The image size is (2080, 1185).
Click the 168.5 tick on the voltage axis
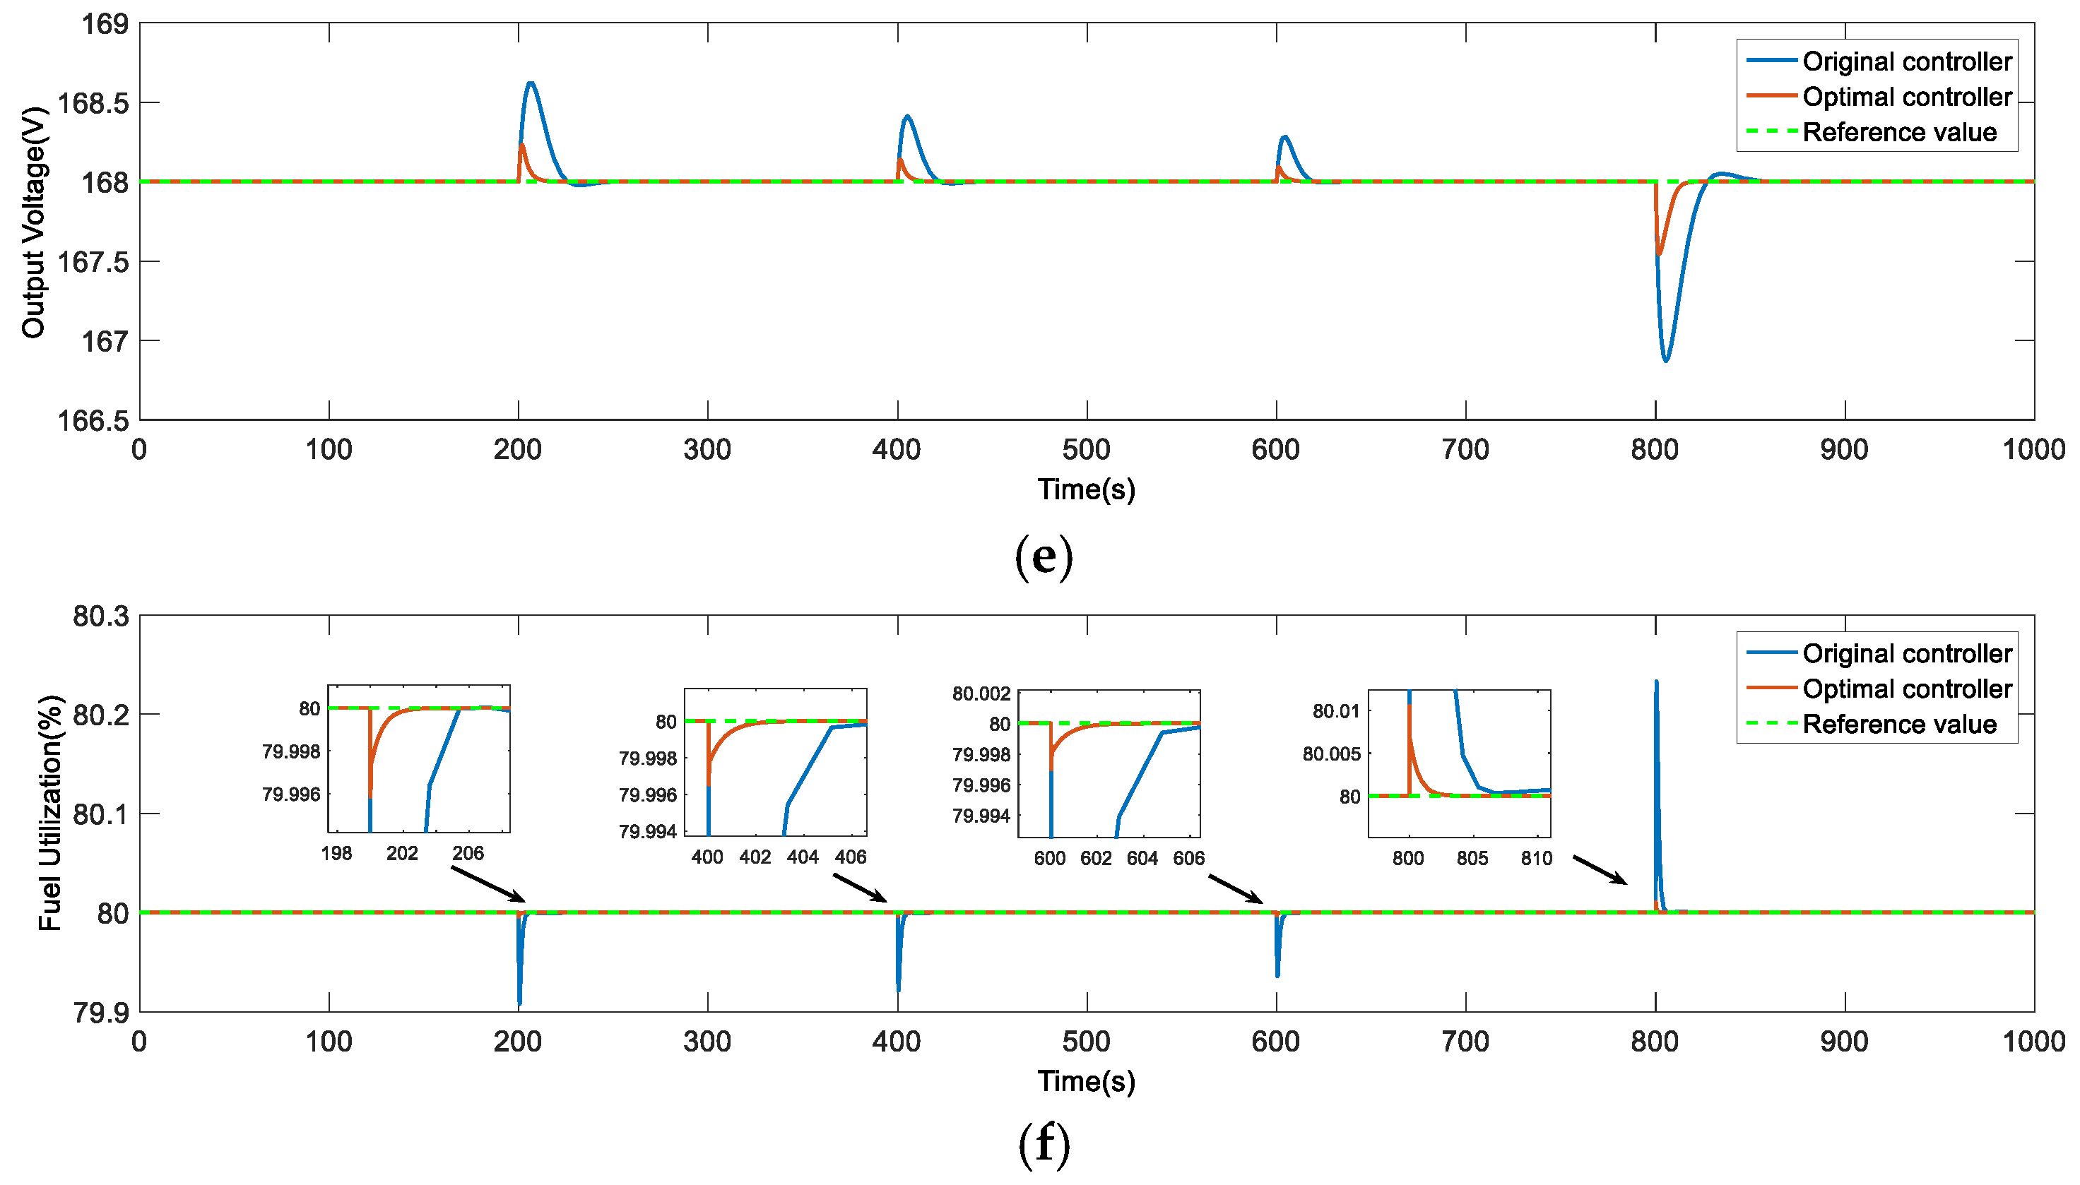point(93,103)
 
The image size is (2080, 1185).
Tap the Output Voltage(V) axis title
point(33,221)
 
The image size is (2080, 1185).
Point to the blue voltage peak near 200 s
point(531,83)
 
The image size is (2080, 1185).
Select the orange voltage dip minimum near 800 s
point(1659,254)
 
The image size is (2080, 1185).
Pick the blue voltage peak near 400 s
point(907,117)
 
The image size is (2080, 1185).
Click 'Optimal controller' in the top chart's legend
point(1907,97)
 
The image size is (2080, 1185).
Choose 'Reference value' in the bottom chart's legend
point(1898,724)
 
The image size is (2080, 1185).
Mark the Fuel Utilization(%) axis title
point(50,812)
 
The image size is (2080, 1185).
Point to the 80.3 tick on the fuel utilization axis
point(101,616)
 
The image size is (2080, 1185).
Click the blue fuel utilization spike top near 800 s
point(1656,682)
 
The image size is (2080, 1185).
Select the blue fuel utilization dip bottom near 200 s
point(519,1004)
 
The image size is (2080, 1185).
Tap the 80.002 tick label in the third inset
point(981,693)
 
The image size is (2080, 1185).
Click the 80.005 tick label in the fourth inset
point(1331,754)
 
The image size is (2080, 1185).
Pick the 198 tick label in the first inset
point(336,853)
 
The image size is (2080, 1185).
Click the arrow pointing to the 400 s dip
point(860,887)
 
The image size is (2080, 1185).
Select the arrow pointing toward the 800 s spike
point(1599,869)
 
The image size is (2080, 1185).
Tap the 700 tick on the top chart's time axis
point(1465,449)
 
